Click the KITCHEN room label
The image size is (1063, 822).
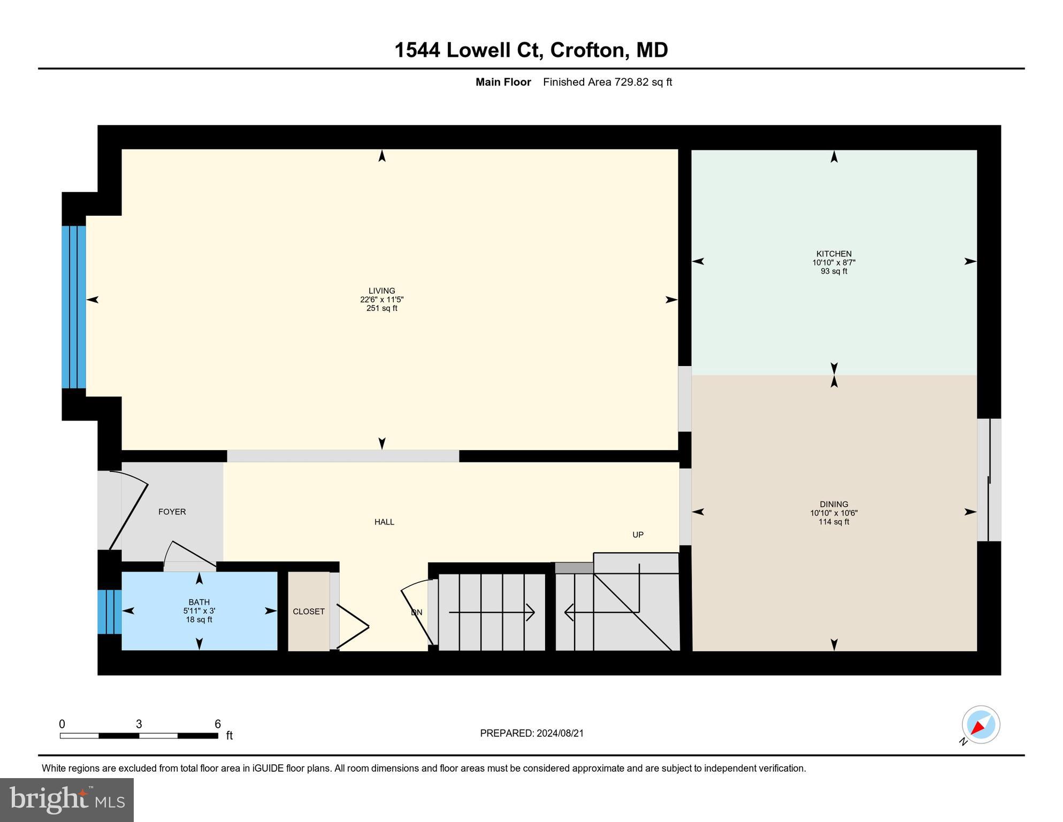tap(833, 254)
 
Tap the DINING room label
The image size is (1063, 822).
tap(833, 504)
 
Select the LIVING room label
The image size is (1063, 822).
tap(381, 291)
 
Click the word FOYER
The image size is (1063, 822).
tap(172, 512)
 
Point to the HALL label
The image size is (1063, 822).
tap(384, 522)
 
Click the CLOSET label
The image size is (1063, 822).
tap(309, 611)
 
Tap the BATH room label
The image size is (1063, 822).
tap(199, 602)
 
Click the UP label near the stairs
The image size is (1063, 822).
tap(638, 535)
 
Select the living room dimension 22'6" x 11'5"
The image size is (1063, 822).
tap(381, 300)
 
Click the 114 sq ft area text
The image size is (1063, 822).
tap(833, 522)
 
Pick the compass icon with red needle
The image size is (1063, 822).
tap(981, 725)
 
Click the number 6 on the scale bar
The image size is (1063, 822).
tap(218, 724)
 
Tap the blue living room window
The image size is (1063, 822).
tap(73, 307)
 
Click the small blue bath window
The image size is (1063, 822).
tap(109, 612)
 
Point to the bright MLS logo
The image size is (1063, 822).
tap(67, 800)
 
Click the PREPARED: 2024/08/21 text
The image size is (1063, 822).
tap(531, 733)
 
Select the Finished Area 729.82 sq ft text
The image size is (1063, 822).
tap(607, 82)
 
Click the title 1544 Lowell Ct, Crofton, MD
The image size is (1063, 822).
tap(531, 50)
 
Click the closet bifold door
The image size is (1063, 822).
tap(353, 626)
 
